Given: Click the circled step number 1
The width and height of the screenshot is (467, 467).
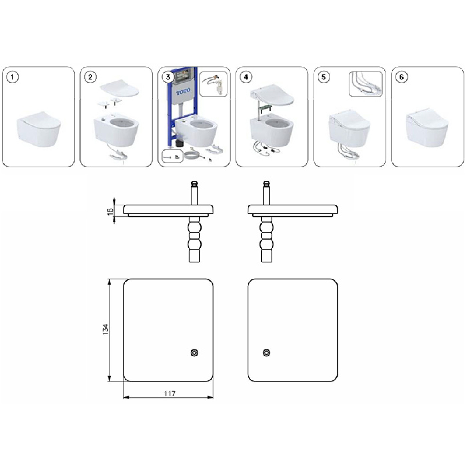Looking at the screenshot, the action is pyautogui.click(x=12, y=77).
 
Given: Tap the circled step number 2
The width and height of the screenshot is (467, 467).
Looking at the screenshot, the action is pyautogui.click(x=90, y=77).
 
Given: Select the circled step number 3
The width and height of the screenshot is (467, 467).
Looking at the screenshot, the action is pyautogui.click(x=168, y=77).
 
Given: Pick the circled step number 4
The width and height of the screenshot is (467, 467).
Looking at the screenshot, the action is pyautogui.click(x=246, y=77).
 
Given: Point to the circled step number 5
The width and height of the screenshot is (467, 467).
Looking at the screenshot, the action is pyautogui.click(x=324, y=77).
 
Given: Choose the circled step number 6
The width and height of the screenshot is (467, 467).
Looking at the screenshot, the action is pyautogui.click(x=402, y=77).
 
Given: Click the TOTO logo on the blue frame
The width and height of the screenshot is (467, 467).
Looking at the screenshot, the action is pyautogui.click(x=183, y=91).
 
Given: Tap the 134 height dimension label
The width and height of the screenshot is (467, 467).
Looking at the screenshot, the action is pyautogui.click(x=105, y=330).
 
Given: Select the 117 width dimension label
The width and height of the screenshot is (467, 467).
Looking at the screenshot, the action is pyautogui.click(x=170, y=394).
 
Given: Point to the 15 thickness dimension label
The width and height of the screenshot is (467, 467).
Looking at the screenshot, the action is pyautogui.click(x=111, y=210).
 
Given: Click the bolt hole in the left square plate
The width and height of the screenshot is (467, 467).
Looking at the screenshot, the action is pyautogui.click(x=195, y=353).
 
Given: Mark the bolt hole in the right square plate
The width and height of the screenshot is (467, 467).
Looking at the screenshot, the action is pyautogui.click(x=266, y=353).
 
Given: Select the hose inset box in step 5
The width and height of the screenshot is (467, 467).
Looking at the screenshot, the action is pyautogui.click(x=366, y=84).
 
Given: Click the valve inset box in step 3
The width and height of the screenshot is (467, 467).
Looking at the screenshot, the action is pyautogui.click(x=213, y=84).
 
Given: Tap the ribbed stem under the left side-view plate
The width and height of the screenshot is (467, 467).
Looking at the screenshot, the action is pyautogui.click(x=195, y=240).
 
